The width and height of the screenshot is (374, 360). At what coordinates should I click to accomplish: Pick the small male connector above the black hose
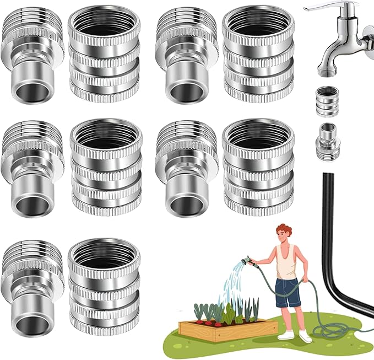pos(329,141)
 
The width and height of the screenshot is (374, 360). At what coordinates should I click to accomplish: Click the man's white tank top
pos(286,264)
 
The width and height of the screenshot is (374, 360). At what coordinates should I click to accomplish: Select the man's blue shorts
pos(288,292)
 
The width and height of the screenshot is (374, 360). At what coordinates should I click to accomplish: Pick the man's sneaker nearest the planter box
pos(285,334)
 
